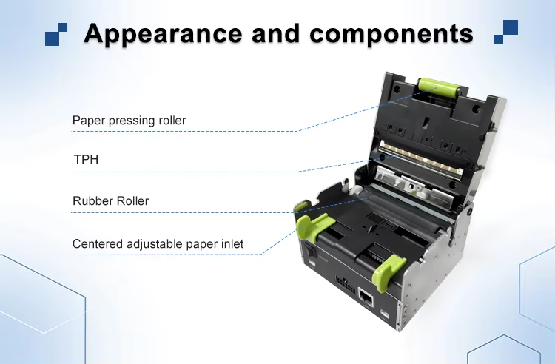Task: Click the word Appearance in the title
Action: (163, 34)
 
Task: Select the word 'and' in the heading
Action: (276, 33)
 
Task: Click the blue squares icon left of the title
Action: (56, 34)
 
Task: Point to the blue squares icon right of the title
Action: (506, 32)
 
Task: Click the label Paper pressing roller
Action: (129, 121)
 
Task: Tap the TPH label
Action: (86, 159)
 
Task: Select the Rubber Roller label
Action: (110, 201)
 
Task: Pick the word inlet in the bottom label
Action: (232, 243)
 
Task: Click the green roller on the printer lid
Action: (437, 88)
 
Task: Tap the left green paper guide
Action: (312, 225)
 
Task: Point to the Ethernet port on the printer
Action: (366, 297)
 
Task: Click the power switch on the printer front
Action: (310, 251)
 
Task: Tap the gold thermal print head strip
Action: (420, 158)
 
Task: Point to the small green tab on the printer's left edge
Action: (301, 205)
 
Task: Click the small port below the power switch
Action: (312, 263)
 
